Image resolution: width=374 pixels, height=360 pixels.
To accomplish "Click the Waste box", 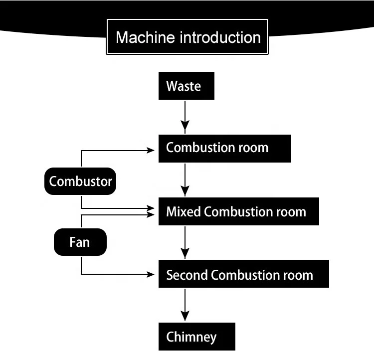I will pos(187,86).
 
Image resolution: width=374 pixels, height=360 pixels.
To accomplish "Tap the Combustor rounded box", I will pos(81,181).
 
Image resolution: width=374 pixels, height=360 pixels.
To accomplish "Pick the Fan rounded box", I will pos(80,242).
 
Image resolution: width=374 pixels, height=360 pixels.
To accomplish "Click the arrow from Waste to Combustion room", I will pos(185,116).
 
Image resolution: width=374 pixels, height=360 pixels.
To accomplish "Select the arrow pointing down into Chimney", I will pos(185,305).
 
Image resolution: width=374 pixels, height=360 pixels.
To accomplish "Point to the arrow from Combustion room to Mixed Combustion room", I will pos(185,180).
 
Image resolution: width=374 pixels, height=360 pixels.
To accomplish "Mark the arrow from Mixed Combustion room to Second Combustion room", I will pos(185,242).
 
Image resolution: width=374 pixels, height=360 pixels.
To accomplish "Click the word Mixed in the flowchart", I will pos(184,211).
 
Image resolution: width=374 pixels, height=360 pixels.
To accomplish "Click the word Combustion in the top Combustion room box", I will pos(201,148).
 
